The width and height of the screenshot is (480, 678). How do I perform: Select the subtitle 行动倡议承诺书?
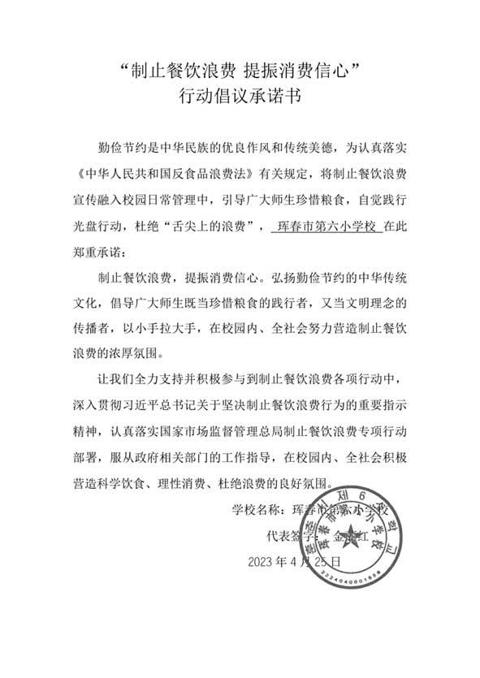point(240,98)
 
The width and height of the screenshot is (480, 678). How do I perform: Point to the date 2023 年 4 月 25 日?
point(294,561)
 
